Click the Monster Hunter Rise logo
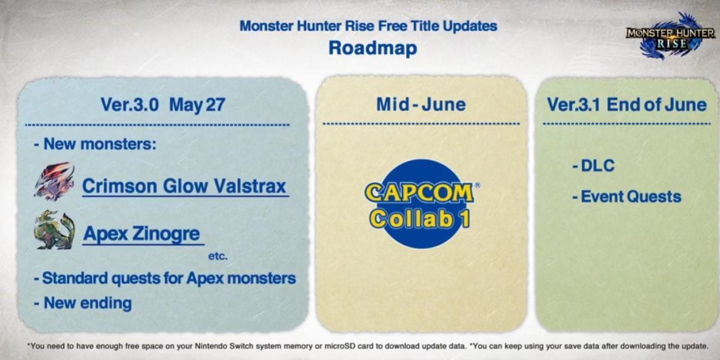670,37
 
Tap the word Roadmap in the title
373,48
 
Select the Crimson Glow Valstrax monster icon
54,182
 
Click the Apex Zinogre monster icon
54,230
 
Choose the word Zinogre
167,234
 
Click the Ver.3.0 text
129,105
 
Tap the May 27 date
197,105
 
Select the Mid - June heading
421,104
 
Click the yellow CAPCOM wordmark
420,193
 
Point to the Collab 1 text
420,218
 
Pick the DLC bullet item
593,166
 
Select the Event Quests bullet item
627,196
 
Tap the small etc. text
218,256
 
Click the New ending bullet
82,303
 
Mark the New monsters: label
95,144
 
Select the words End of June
657,105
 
